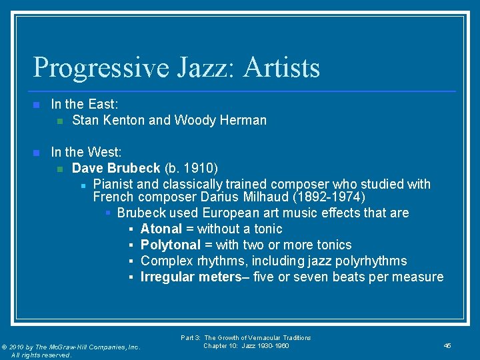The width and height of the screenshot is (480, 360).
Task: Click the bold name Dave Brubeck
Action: tap(116, 168)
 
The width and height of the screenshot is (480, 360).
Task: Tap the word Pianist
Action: tap(115, 184)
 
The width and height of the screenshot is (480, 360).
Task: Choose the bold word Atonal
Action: tap(161, 229)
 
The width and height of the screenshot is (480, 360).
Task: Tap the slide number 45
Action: tap(447, 345)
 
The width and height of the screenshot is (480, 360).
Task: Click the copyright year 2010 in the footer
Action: tap(21, 347)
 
